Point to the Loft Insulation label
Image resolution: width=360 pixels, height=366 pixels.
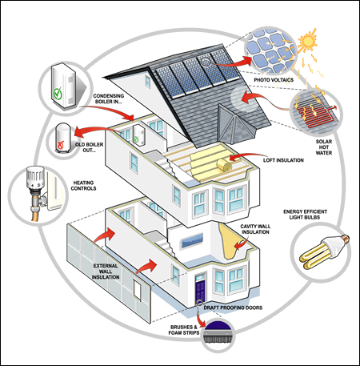[284, 160]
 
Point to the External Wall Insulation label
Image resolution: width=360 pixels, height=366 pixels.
[109, 271]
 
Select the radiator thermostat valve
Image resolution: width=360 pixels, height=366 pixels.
[36, 179]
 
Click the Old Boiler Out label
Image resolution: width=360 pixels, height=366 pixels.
[94, 144]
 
